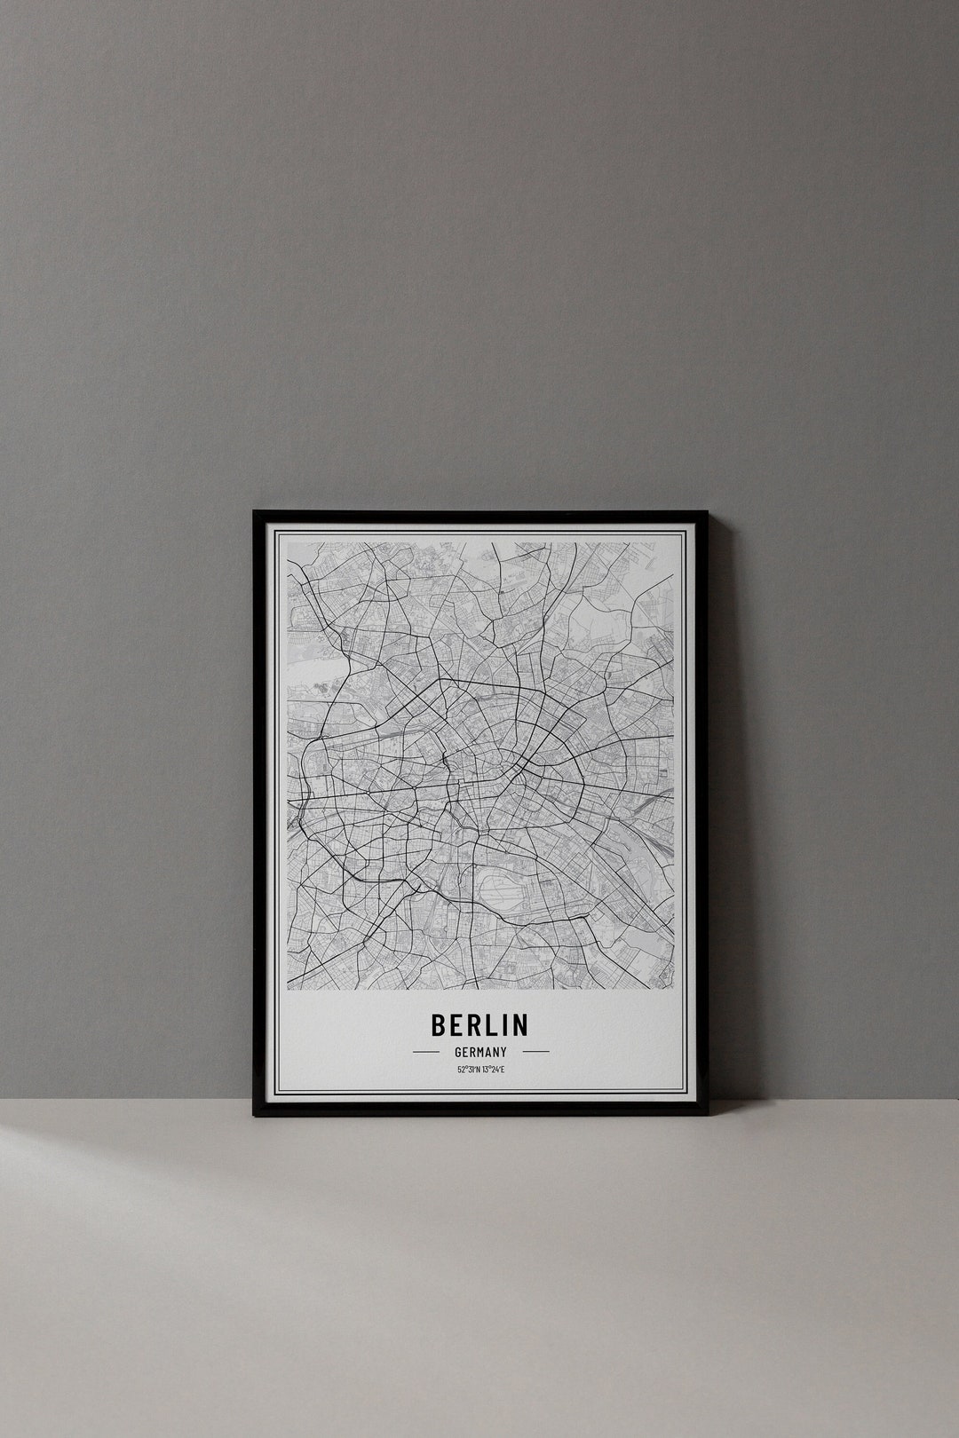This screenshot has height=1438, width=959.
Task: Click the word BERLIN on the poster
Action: click(479, 1024)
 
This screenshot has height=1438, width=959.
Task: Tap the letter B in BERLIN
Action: click(439, 1024)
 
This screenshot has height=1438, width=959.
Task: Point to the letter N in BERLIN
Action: click(519, 1024)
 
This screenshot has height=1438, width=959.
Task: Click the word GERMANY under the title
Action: click(479, 1052)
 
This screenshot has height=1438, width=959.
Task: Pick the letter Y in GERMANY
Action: click(503, 1052)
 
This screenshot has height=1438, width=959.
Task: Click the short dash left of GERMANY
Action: click(426, 1052)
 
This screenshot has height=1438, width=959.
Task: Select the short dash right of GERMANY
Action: click(535, 1052)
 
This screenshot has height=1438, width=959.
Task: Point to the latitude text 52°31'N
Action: click(468, 1070)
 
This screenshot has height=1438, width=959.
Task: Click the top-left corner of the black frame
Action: click(255, 512)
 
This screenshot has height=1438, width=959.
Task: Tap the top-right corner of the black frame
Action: click(707, 512)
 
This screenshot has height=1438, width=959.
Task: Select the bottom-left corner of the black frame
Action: click(255, 1114)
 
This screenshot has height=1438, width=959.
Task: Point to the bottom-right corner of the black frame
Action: click(707, 1114)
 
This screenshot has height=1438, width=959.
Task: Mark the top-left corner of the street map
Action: click(287, 543)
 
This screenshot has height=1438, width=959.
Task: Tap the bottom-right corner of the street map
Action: click(674, 989)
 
